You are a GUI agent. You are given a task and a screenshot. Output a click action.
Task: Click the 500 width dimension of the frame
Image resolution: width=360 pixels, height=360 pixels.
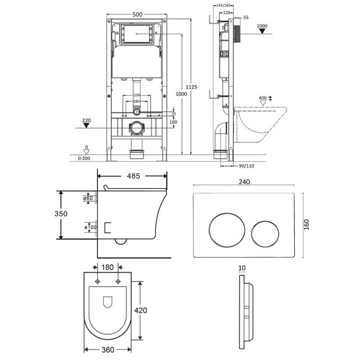click(x=137, y=14)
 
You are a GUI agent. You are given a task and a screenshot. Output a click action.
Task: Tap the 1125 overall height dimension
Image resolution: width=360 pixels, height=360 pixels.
click(x=191, y=87)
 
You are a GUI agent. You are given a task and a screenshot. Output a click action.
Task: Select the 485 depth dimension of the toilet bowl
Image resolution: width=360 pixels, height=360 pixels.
click(x=133, y=176)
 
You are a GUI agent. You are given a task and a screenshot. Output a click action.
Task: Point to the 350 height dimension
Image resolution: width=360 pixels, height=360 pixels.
click(x=61, y=214)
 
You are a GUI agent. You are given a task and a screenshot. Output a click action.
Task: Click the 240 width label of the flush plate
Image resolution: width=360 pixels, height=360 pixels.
click(x=244, y=182)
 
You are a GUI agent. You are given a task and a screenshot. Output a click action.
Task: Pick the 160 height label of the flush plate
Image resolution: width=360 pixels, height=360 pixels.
click(x=306, y=225)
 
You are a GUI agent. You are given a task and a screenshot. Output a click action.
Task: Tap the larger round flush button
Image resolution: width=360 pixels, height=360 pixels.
click(x=227, y=230)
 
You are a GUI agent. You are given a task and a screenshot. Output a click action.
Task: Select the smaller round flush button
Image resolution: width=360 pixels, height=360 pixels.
click(x=265, y=234)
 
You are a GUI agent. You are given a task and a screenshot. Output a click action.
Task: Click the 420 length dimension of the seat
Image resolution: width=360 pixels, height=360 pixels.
click(x=140, y=310)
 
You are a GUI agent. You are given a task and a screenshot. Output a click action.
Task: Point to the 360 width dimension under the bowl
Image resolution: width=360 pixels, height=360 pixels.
click(x=108, y=350)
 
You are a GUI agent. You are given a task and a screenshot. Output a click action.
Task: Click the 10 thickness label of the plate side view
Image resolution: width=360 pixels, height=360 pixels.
click(x=242, y=268)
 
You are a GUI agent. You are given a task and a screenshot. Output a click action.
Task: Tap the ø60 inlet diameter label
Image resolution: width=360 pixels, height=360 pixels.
click(x=88, y=198)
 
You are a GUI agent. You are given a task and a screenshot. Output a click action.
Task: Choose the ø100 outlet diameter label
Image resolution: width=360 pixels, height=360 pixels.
click(x=90, y=227)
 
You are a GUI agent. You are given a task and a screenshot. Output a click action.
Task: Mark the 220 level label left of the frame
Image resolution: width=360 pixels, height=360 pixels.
click(x=86, y=120)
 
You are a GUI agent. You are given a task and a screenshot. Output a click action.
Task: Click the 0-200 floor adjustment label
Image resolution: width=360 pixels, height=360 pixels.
click(x=84, y=158)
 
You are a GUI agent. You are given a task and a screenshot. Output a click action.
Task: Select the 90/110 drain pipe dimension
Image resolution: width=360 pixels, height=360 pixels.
click(x=246, y=166)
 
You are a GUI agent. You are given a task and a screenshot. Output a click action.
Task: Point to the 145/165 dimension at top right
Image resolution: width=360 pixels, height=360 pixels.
click(x=223, y=5)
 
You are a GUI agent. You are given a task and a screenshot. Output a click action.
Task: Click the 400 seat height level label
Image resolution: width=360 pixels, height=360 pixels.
click(x=263, y=98)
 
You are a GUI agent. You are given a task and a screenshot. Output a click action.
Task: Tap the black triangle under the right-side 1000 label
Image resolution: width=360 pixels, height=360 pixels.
click(x=262, y=31)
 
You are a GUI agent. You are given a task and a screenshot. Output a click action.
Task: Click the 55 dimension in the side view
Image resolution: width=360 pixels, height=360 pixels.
click(x=246, y=18)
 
